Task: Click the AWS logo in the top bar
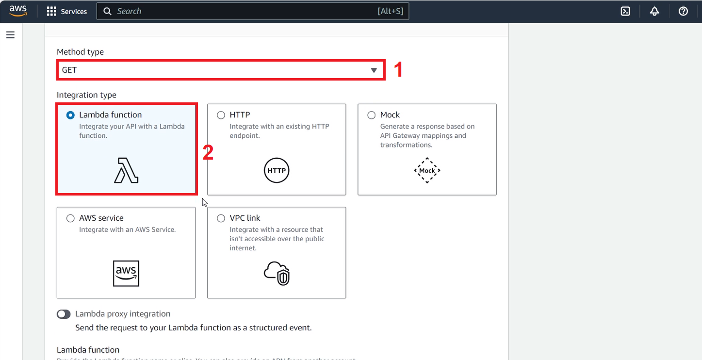pyautogui.click(x=18, y=11)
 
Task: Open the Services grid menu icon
pyautogui.click(x=51, y=11)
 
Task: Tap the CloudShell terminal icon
pyautogui.click(x=625, y=11)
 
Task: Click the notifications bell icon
pyautogui.click(x=654, y=11)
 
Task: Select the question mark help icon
pyautogui.click(x=683, y=11)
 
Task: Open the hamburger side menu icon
pyautogui.click(x=10, y=35)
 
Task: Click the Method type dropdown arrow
pyautogui.click(x=374, y=70)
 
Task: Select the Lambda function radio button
pyautogui.click(x=70, y=115)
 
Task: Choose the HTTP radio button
pyautogui.click(x=221, y=115)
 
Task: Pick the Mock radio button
pyautogui.click(x=372, y=115)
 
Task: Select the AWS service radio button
pyautogui.click(x=70, y=218)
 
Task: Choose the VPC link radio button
pyautogui.click(x=221, y=218)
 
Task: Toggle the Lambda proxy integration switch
pyautogui.click(x=64, y=314)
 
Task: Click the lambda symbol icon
pyautogui.click(x=126, y=171)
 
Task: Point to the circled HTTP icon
pyautogui.click(x=277, y=171)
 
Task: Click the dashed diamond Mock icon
pyautogui.click(x=427, y=170)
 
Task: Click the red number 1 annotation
pyautogui.click(x=398, y=70)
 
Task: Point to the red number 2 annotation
pyautogui.click(x=208, y=153)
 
